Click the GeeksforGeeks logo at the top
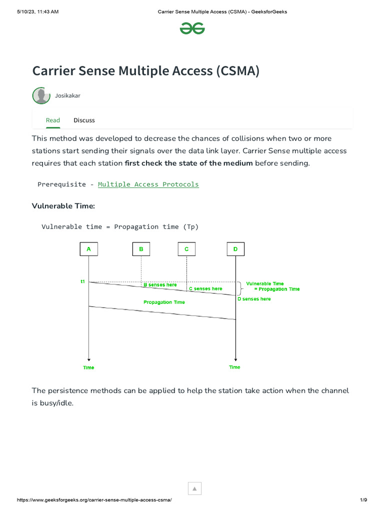click(x=192, y=28)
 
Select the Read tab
click(x=52, y=120)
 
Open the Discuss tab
click(x=84, y=120)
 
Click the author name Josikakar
click(x=67, y=95)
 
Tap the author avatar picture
click(x=41, y=95)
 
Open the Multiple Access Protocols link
click(x=148, y=184)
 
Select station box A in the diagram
click(x=88, y=249)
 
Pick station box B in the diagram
click(x=141, y=249)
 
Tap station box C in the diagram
click(x=186, y=249)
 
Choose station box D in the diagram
click(x=235, y=249)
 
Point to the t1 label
click(x=83, y=282)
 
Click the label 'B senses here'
click(x=160, y=285)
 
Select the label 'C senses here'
click(x=205, y=288)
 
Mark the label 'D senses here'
click(x=254, y=299)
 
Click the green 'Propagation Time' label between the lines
click(x=164, y=302)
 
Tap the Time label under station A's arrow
click(x=88, y=367)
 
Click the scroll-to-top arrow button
click(x=194, y=488)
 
